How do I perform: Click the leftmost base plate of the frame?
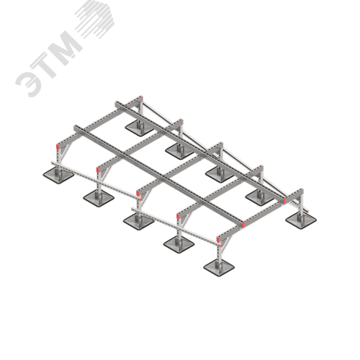pos(58,176)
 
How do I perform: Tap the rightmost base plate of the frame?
pos(301,220)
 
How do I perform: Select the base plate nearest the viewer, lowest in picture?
pos(219,267)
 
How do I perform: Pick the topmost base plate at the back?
pos(139,128)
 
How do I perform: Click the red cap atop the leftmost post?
pos(58,146)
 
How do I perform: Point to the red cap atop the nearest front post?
pos(218,239)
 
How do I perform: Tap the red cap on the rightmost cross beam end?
pos(302,192)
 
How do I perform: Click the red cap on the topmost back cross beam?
pos(142,98)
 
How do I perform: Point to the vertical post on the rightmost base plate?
pos(300,208)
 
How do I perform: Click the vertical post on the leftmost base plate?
pos(58,161)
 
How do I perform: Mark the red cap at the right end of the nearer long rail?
pos(243,225)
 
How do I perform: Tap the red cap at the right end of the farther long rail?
pos(285,201)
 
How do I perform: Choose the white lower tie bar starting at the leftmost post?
pos(96,180)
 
